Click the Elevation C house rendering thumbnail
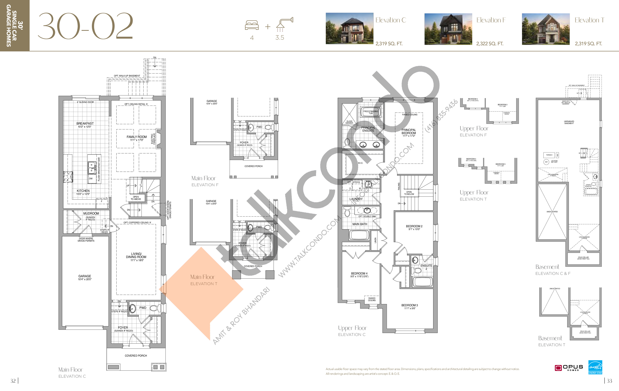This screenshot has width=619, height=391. (349, 29)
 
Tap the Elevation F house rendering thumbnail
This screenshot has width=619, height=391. (448, 29)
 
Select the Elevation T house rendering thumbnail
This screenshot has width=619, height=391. (546, 29)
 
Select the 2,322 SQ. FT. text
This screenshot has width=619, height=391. (489, 44)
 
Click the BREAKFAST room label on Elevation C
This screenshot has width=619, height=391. (85, 124)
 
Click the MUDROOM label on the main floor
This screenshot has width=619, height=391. (91, 214)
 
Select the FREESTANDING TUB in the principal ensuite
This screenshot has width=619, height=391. (370, 112)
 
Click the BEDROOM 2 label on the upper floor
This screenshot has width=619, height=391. (414, 226)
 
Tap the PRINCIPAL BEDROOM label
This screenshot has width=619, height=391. (409, 131)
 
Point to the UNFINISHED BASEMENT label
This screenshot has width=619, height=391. (569, 122)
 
